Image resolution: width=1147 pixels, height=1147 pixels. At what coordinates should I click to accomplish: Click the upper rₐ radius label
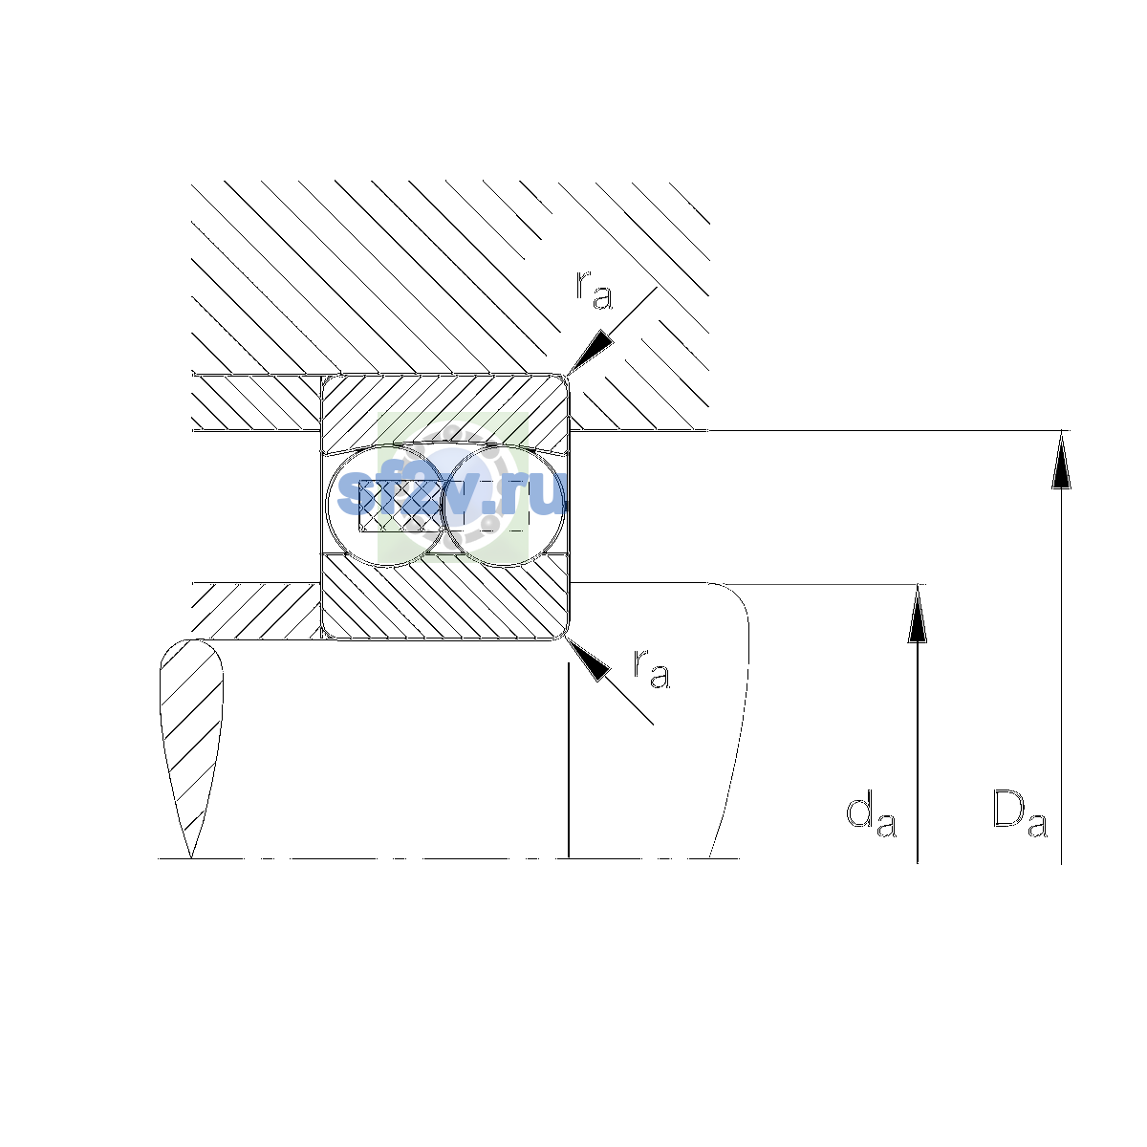coord(594,290)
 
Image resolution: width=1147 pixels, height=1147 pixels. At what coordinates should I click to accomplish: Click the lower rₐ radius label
coord(651,669)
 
